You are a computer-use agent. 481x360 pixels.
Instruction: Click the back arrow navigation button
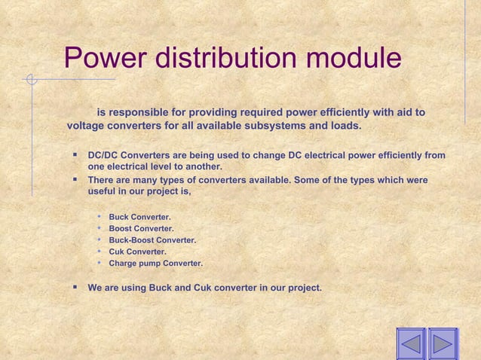point(411,343)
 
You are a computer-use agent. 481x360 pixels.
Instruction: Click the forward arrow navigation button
point(443,343)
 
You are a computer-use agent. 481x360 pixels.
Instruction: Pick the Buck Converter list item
point(139,218)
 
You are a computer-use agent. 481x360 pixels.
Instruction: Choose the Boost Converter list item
point(141,229)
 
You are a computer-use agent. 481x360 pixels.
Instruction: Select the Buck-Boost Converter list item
point(152,240)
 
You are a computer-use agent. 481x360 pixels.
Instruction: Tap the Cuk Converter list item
point(138,252)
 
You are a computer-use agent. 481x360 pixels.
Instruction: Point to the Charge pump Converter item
point(155,264)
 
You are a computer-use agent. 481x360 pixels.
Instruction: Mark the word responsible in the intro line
point(140,113)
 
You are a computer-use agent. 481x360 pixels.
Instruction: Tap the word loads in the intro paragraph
point(346,125)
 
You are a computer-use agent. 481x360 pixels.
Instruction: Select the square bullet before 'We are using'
point(75,287)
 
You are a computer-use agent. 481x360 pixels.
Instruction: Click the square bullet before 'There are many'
point(75,181)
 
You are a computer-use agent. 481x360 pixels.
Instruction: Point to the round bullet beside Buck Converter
point(99,217)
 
